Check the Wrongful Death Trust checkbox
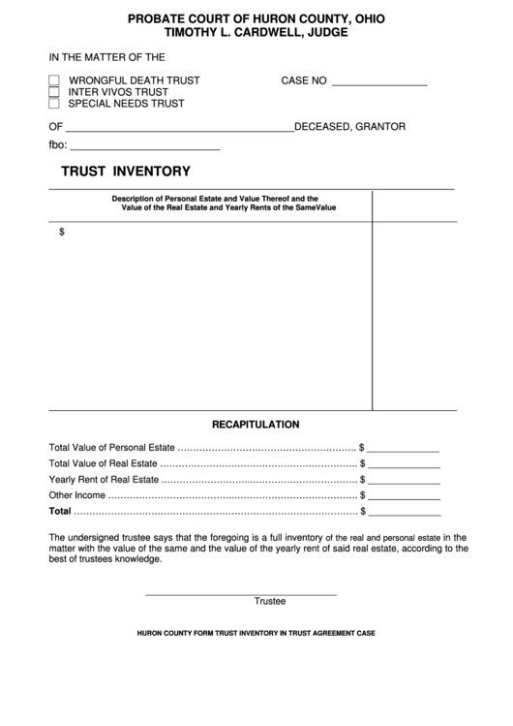click(x=54, y=80)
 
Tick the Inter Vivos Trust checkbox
click(x=54, y=92)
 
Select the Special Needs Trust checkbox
click(x=54, y=103)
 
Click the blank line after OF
click(x=179, y=129)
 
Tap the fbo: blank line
click(x=144, y=148)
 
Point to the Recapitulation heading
click(x=256, y=425)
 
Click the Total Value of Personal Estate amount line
click(x=404, y=451)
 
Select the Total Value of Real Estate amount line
click(x=404, y=466)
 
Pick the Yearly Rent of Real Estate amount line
click(x=404, y=482)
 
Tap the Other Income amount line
click(x=404, y=497)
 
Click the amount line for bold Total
click(x=404, y=513)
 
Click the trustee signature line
click(x=241, y=591)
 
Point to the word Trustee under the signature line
click(x=270, y=601)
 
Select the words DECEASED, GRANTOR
click(x=349, y=127)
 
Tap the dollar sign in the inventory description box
click(x=62, y=232)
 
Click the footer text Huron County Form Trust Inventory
click(x=256, y=633)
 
